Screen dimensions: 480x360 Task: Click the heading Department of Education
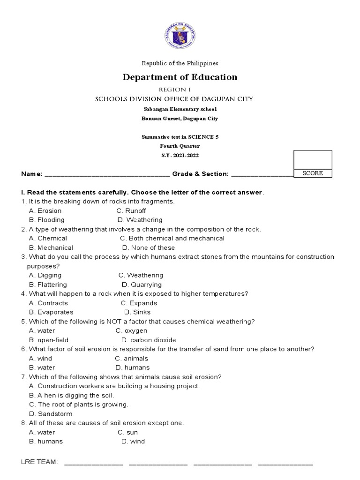180,77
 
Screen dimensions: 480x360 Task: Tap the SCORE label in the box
313,173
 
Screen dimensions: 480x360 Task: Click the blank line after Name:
107,174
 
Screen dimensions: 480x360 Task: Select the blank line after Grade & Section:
262,174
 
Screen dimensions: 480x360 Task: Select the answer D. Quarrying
142,285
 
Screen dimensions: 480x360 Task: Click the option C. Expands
139,303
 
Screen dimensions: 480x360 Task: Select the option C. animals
132,359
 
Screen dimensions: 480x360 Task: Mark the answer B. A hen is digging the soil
71,395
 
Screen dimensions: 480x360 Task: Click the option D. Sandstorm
51,414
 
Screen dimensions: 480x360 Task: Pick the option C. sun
127,432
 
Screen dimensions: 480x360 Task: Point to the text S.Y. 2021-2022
180,155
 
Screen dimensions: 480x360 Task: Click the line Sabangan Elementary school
180,109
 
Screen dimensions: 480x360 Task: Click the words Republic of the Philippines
180,63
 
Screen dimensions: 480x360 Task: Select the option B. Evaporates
51,312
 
